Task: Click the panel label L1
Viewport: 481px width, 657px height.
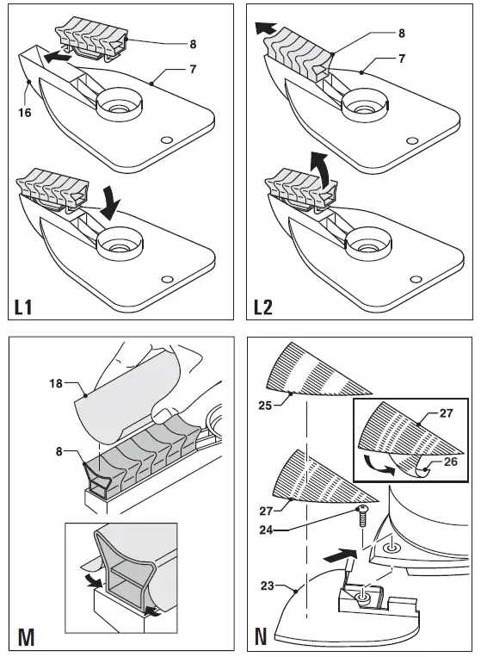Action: tap(26, 305)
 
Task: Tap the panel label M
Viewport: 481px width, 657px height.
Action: tap(25, 638)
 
